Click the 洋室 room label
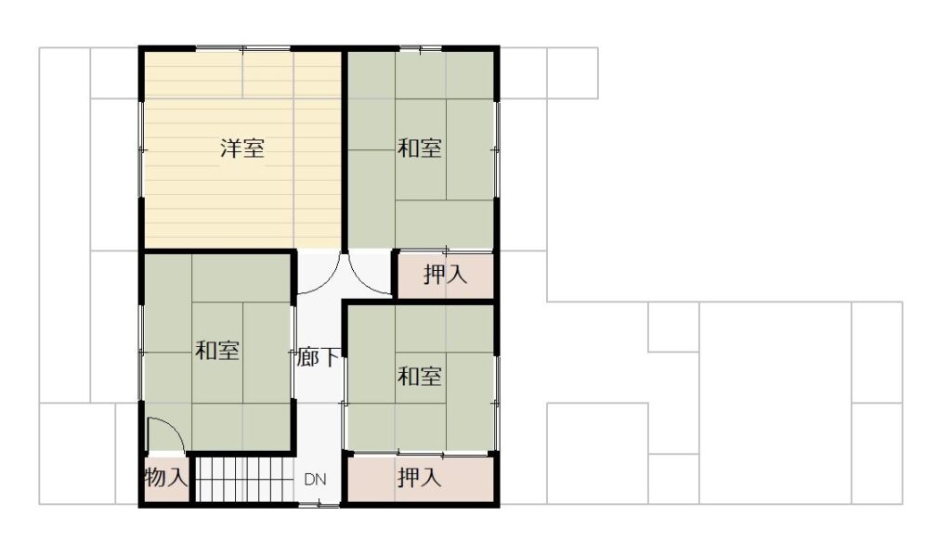242,148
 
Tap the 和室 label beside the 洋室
419,148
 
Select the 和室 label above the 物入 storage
217,350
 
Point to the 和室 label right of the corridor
419,376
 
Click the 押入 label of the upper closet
445,275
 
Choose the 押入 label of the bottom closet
419,477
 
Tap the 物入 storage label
165,477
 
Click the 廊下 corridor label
318,356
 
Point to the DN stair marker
315,480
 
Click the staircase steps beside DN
244,480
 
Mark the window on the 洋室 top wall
242,48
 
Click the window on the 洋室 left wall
142,149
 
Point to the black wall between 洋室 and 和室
344,151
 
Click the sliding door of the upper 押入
447,251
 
